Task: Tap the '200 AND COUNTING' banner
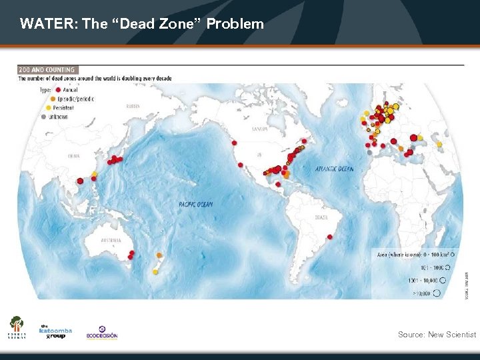[x=47, y=69]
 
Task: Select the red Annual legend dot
[x=59, y=89]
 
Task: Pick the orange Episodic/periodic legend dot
[x=53, y=98]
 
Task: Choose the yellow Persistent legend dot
[x=48, y=107]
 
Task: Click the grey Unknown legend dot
[x=44, y=116]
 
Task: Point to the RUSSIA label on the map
[x=133, y=107]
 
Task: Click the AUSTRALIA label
[x=110, y=240]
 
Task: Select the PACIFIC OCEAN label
[x=196, y=204]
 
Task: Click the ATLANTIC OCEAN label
[x=335, y=169]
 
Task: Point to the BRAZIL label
[x=322, y=217]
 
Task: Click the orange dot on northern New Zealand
[x=159, y=255]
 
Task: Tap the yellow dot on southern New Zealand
[x=155, y=271]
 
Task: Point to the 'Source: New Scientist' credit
[x=437, y=334]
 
